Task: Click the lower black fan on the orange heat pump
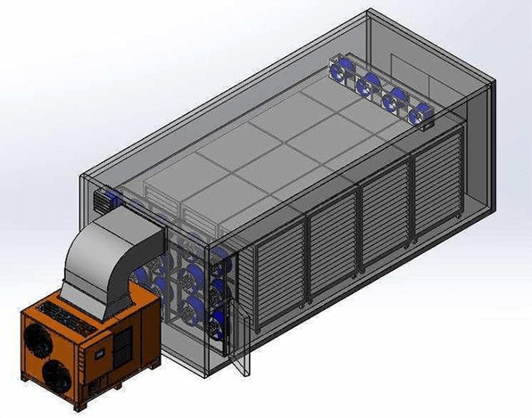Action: (55, 375)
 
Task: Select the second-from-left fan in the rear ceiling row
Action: (367, 83)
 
